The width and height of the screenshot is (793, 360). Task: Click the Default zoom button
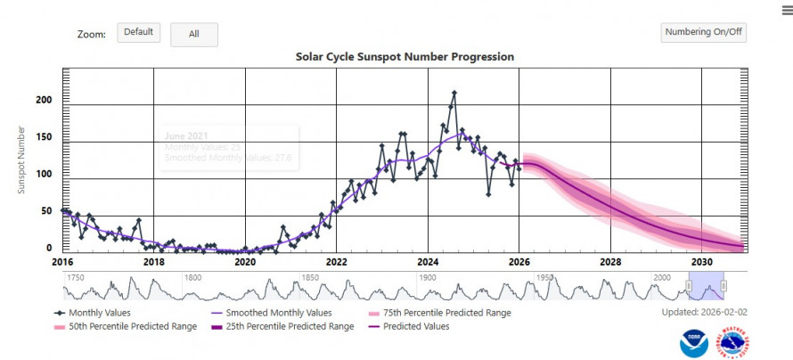click(138, 33)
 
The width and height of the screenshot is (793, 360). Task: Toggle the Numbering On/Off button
click(704, 33)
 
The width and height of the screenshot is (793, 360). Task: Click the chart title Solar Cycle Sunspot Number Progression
click(405, 57)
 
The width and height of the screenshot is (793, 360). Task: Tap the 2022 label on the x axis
click(336, 263)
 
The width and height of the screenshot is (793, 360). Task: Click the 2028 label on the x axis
click(610, 263)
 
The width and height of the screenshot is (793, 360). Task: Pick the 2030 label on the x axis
click(701, 263)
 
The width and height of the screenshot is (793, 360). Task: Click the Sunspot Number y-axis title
click(21, 160)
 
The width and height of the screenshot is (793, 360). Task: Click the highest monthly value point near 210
click(454, 93)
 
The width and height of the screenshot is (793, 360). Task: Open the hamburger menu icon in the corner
click(787, 8)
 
